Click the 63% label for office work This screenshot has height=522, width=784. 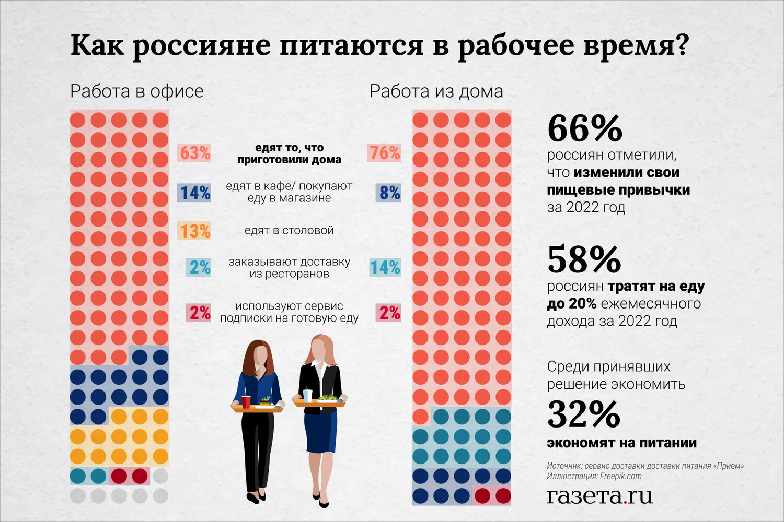tap(194, 153)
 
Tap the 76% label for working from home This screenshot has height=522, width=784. tap(385, 153)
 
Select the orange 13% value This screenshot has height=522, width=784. tap(194, 231)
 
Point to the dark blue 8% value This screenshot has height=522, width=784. tap(389, 193)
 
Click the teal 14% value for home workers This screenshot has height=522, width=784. tap(385, 267)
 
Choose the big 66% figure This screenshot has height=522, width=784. tap(584, 128)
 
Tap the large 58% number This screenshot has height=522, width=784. tap(584, 259)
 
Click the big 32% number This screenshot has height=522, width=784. tap(584, 414)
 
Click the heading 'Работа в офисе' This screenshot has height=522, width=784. tap(136, 91)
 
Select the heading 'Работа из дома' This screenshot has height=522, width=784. tap(436, 91)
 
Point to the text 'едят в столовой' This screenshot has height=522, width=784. tap(289, 230)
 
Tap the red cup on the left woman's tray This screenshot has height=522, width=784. tap(246, 401)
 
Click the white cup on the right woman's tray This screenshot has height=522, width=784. tap(307, 396)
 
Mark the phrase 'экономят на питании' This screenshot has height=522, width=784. tap(621, 443)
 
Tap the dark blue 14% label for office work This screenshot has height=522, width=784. tap(194, 193)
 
